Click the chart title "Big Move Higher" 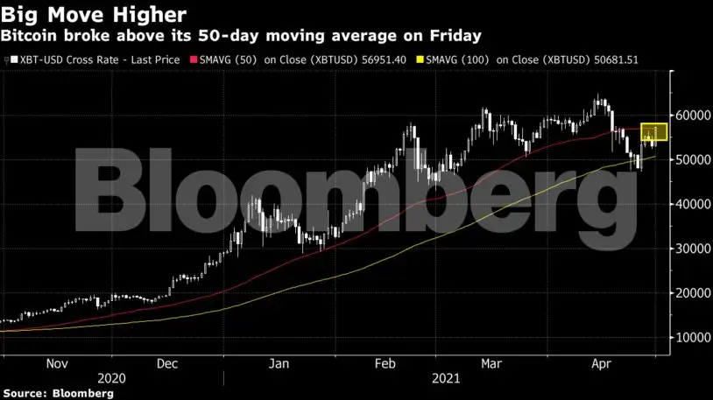point(93,15)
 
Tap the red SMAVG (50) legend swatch point(194,60)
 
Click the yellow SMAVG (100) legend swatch point(420,60)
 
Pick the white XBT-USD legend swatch point(15,60)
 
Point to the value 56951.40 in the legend point(384,60)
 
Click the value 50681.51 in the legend point(616,60)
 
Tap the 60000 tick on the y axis point(693,115)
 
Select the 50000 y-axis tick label point(693,159)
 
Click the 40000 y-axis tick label point(693,204)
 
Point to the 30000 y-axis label point(693,249)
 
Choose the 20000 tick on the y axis point(693,293)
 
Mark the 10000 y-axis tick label point(693,338)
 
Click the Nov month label point(57,363)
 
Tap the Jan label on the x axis point(279,363)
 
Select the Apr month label point(601,364)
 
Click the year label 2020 point(111,379)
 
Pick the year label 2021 point(446,379)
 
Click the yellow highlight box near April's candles point(654,124)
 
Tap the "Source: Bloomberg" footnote point(58,393)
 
